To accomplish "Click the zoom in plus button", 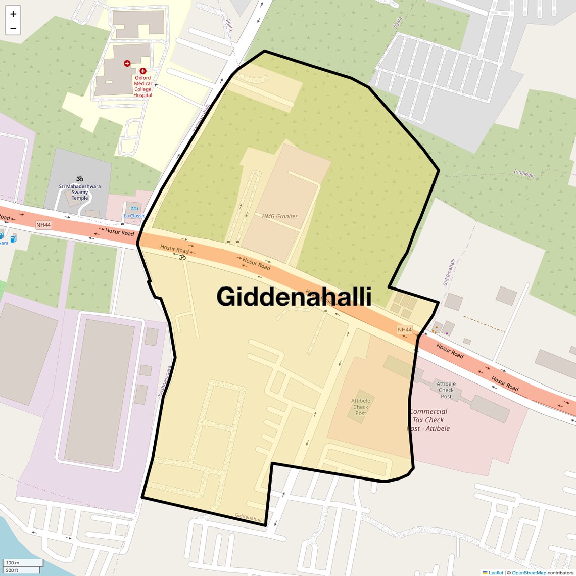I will point(13,14).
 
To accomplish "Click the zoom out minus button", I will point(13,28).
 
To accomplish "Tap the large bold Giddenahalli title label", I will point(294,297).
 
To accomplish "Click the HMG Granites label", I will point(279,216).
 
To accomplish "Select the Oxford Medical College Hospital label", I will point(143,86).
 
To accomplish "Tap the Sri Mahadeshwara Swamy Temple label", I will point(79,192).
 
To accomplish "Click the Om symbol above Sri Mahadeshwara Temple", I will point(79,179).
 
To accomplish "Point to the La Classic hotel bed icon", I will point(134,208).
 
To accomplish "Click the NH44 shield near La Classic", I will point(43,225).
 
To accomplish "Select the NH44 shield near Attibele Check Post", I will point(405,330).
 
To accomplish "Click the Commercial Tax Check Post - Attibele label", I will point(428,420).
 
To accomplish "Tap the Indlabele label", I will point(524,174).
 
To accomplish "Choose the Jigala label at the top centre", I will point(230,24).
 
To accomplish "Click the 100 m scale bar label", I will point(12,563).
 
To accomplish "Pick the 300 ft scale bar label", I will point(12,570).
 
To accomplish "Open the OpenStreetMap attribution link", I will point(529,573).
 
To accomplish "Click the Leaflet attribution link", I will point(495,573).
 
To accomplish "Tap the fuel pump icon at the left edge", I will point(13,238).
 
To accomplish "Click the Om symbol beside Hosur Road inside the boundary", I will point(182,257).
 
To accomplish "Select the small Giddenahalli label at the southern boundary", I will point(249,518).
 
